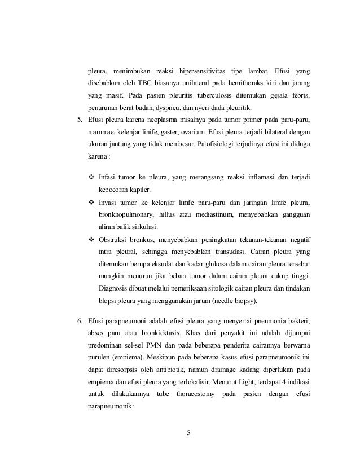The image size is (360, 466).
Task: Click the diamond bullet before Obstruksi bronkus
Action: [x=91, y=237]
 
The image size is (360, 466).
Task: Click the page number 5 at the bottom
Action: [x=189, y=434]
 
